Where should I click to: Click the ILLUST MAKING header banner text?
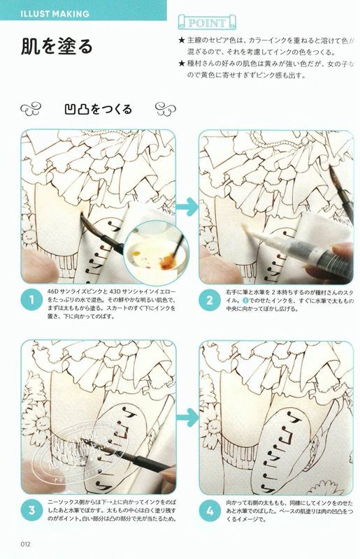[x=55, y=14]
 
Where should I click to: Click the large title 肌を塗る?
[x=57, y=46]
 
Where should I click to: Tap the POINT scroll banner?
[x=207, y=23]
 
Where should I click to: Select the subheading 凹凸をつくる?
[x=99, y=109]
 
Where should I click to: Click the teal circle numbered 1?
[x=31, y=300]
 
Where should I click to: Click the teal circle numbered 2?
[x=210, y=300]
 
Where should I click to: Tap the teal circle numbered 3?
[x=31, y=510]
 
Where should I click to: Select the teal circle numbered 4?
[x=210, y=510]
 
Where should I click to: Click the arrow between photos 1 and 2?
[x=187, y=207]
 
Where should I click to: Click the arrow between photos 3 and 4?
[x=187, y=417]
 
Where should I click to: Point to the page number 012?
[x=25, y=544]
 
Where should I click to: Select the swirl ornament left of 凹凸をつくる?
[x=31, y=109]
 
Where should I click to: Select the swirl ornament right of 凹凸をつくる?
[x=166, y=109]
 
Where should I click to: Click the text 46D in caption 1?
[x=52, y=291]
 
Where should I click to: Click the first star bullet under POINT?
[x=182, y=41]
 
